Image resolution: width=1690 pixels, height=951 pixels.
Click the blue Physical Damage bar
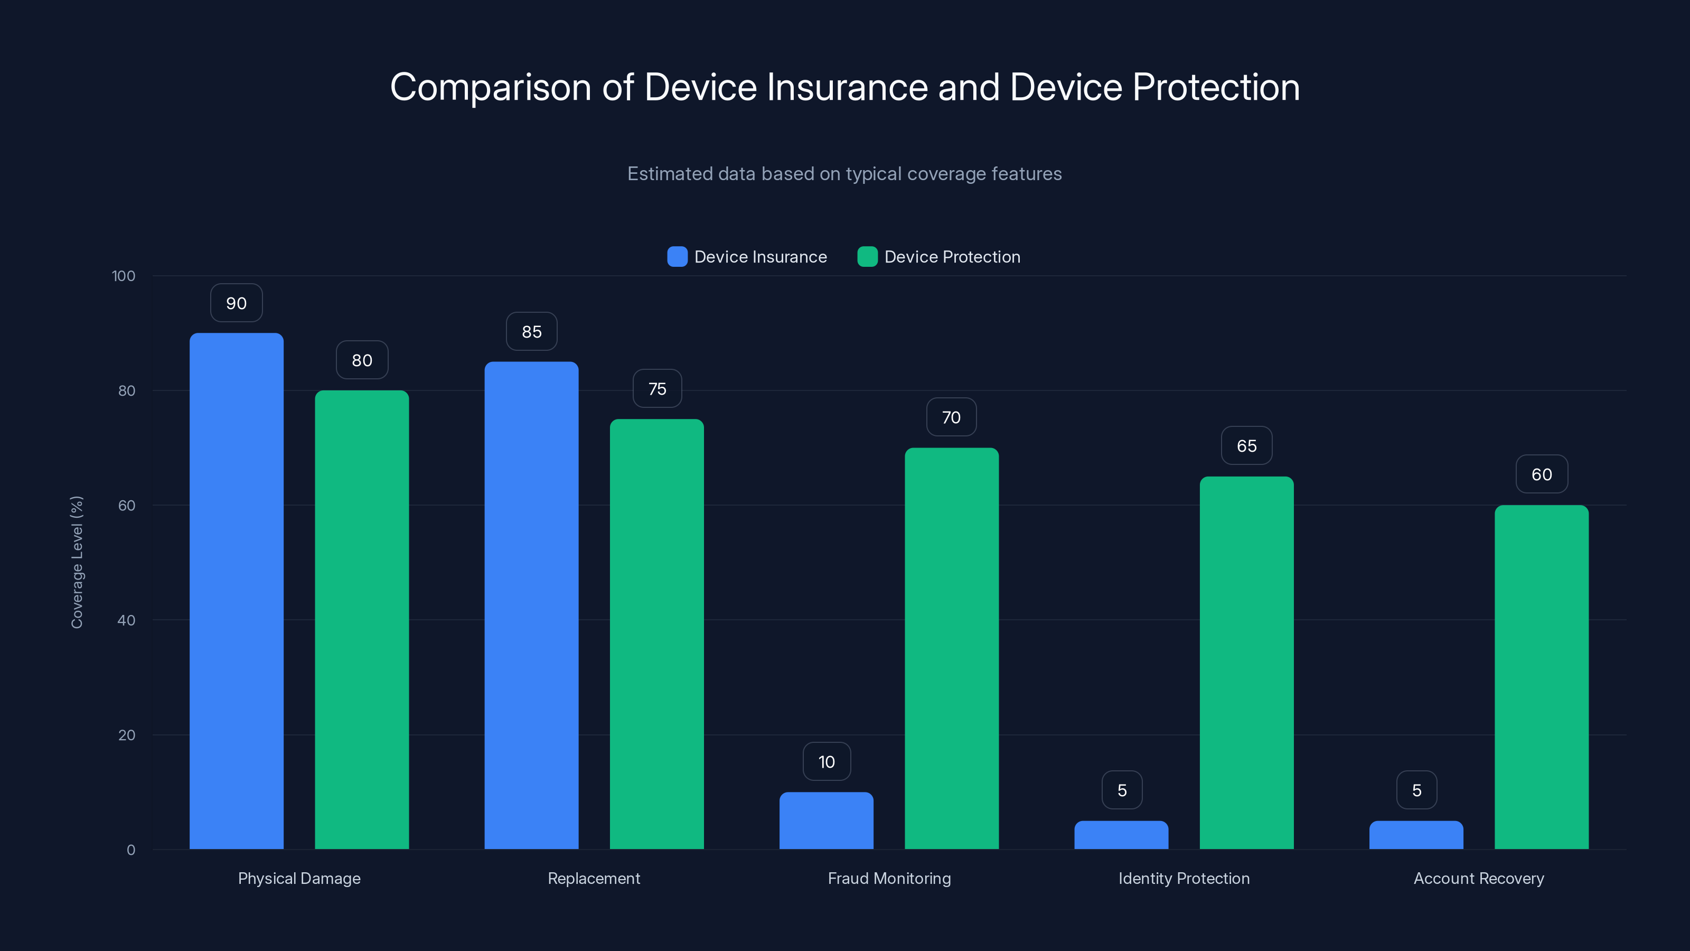coord(236,591)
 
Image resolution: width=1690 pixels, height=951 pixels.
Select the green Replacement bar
coord(656,634)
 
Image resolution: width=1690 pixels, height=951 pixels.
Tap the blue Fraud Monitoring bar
coord(826,821)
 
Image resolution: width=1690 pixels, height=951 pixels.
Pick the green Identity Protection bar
coord(1246,663)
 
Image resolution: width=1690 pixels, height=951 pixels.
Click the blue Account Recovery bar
coord(1416,835)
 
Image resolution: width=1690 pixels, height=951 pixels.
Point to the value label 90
coord(236,303)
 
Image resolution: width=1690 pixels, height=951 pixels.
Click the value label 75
coord(656,388)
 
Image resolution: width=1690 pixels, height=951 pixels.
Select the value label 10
coord(826,761)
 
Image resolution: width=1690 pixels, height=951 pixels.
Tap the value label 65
coord(1246,445)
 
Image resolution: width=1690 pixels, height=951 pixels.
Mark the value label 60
coord(1541,474)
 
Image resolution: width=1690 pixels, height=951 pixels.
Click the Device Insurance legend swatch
coord(677,257)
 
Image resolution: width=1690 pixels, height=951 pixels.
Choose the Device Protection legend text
coord(952,257)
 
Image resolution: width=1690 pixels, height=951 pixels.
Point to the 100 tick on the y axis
coord(124,276)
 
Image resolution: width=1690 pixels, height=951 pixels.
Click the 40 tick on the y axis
coord(126,620)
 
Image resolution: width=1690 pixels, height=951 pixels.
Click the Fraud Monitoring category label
coord(889,878)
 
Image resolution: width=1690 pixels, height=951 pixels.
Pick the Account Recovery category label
coord(1478,878)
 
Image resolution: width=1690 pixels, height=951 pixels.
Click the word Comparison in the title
coord(490,87)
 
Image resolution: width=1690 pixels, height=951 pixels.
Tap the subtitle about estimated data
coord(844,173)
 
